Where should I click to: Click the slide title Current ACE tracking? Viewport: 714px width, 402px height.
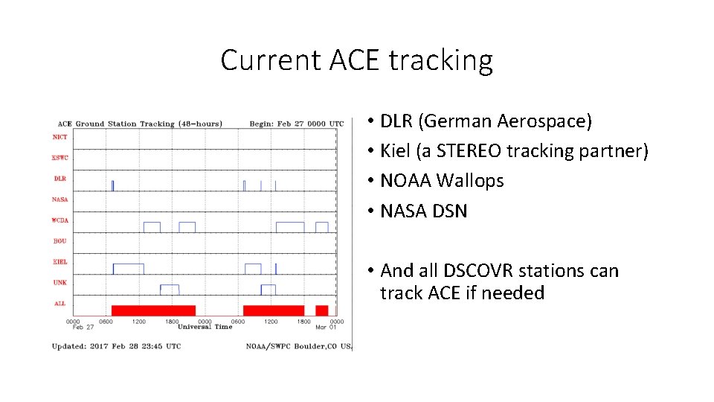tap(356, 60)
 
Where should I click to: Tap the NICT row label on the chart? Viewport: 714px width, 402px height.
tap(59, 136)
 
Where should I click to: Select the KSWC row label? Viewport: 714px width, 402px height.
tap(59, 157)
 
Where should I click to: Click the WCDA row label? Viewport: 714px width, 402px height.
tap(59, 220)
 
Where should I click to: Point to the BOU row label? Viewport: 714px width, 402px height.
tap(59, 241)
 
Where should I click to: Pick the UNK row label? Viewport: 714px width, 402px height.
tap(59, 283)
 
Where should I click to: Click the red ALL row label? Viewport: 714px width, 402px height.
tap(59, 304)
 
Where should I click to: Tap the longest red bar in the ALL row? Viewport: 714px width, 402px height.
tap(153, 310)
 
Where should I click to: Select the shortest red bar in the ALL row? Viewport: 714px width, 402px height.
tap(321, 310)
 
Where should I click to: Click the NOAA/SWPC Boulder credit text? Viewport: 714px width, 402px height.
tap(297, 346)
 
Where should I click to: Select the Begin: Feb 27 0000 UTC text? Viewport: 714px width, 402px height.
tap(296, 124)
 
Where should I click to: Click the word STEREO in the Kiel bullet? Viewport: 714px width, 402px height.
tap(468, 151)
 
